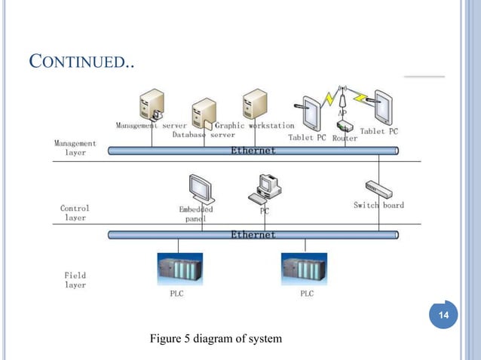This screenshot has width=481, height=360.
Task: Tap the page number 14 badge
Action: [444, 314]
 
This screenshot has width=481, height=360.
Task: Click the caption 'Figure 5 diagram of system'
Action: [216, 339]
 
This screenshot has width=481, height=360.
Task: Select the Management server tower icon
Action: [151, 105]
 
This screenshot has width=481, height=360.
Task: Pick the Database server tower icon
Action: [204, 113]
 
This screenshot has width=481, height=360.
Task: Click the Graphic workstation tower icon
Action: [255, 104]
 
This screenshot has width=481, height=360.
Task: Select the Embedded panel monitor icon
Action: [201, 188]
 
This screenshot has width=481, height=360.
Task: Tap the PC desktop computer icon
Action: [265, 188]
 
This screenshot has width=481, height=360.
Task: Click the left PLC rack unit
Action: [179, 268]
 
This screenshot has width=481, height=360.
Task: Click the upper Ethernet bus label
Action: [253, 151]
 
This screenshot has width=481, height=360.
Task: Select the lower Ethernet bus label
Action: [253, 235]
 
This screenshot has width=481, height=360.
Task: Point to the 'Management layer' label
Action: [75, 148]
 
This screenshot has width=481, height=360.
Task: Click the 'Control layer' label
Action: [75, 212]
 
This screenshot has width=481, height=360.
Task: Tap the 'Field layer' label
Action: [75, 280]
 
